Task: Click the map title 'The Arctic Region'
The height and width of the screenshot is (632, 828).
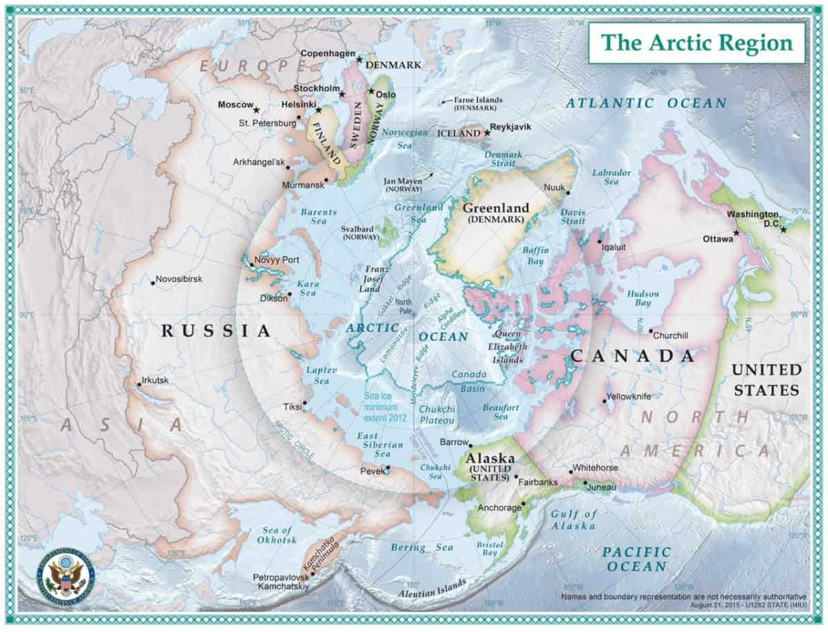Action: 696,43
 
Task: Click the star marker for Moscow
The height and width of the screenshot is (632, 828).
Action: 256,110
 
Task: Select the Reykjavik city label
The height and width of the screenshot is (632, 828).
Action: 511,128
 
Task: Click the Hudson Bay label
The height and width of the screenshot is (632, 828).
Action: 642,299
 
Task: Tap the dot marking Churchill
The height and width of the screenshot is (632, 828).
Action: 650,330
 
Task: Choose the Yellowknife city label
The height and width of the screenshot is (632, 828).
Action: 629,397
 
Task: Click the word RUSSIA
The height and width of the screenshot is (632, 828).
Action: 216,331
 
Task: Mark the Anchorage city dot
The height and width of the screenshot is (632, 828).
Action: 524,504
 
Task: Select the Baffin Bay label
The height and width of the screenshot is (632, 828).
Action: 535,256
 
